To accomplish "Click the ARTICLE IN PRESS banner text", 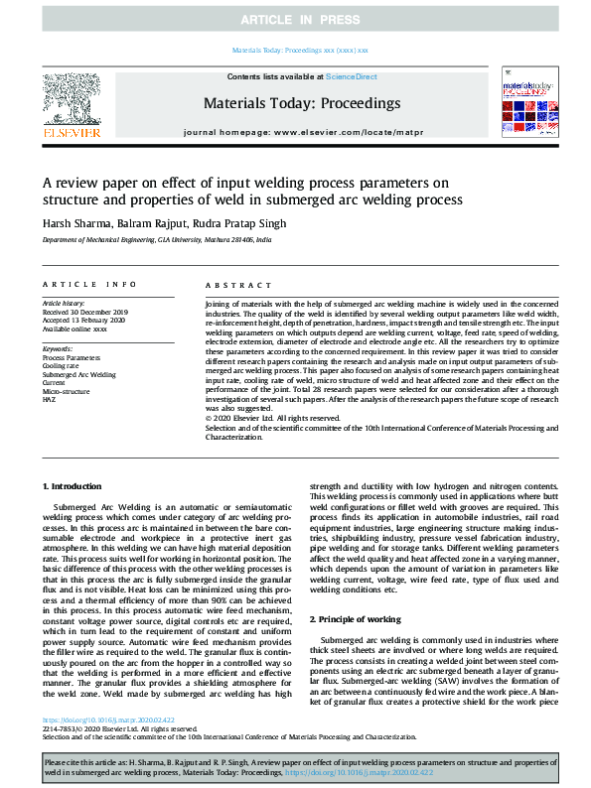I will tap(295, 20).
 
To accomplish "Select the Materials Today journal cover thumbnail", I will tap(523, 104).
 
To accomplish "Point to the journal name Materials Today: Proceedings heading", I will tap(301, 102).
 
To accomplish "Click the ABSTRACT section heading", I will tap(230, 284).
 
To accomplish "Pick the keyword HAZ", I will tap(50, 399).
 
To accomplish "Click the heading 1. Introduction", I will tap(75, 486).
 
